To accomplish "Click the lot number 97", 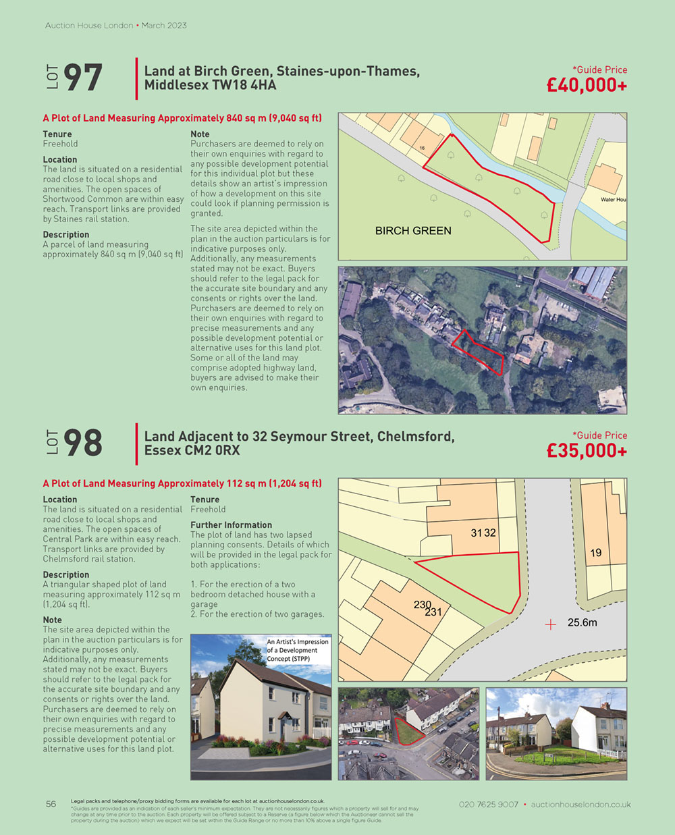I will tap(83, 78).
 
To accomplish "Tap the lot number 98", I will tap(83, 443).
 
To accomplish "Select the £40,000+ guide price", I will tap(587, 86).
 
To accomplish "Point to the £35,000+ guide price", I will tap(587, 451).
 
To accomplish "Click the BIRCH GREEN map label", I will tap(413, 231).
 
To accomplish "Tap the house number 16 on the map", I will tap(422, 148).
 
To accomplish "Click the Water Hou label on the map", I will tap(613, 200).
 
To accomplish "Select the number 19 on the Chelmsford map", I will tap(595, 553).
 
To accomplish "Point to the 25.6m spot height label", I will tap(582, 622).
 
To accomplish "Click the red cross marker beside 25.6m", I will tap(551, 624).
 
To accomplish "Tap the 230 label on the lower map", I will tap(423, 605).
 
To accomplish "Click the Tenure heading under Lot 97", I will tap(57, 134).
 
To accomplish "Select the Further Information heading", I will tap(231, 525).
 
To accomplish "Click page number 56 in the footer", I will tap(51, 804).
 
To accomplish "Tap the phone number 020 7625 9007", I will tap(489, 805).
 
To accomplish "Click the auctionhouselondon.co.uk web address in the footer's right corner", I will tap(580, 805).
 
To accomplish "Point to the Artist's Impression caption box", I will tap(298, 650).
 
